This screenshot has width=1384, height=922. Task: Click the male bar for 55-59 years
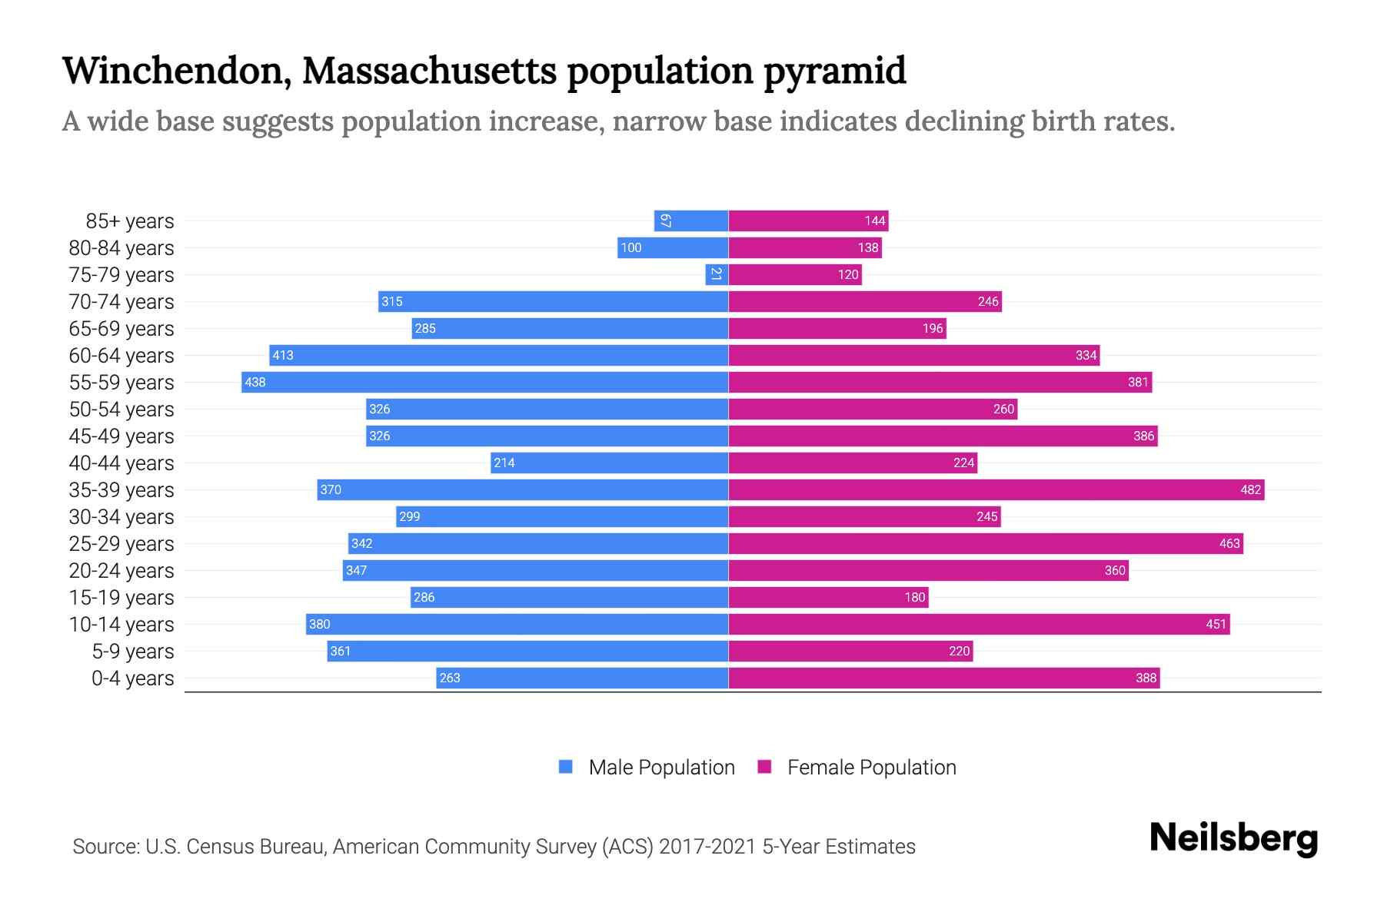(484, 382)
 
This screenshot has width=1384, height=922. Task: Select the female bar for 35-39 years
(996, 489)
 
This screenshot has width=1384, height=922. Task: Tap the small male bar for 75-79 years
(717, 274)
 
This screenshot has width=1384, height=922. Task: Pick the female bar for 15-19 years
(828, 597)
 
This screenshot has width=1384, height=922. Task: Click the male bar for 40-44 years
(610, 463)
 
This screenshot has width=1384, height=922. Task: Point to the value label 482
(1250, 489)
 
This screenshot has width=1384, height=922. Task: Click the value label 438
(255, 382)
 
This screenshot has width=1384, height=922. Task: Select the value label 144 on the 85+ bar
(874, 221)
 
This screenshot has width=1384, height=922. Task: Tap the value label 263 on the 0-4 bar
(450, 678)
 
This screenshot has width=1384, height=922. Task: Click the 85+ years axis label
(129, 221)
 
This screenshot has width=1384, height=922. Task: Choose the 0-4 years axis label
(132, 678)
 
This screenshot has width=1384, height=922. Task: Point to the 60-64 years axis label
(121, 356)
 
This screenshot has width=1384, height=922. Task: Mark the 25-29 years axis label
(121, 544)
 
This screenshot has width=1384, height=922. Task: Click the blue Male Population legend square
(566, 767)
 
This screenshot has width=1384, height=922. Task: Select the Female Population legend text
(871, 767)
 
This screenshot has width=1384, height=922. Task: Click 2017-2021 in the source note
(707, 847)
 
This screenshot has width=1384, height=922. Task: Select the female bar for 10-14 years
(979, 624)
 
